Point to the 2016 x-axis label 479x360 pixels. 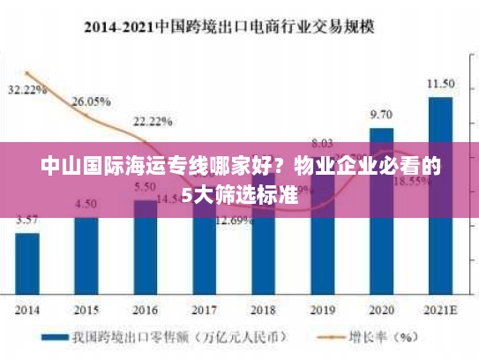145,310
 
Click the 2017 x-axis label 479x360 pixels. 204,310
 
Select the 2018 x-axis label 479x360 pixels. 263,310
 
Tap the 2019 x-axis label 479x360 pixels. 322,310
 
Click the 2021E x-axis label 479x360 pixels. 440,310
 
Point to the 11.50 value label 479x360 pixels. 440,84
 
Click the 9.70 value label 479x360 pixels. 381,115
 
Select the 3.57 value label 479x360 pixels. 27,220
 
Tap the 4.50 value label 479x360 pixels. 86,204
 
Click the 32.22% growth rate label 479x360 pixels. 27,90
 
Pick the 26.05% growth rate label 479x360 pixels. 91,101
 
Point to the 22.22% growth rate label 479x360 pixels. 153,121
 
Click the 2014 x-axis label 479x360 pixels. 27,310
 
